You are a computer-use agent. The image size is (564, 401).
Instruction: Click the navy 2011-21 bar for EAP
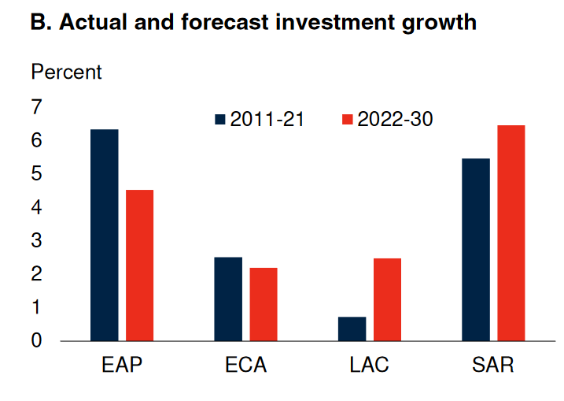105,235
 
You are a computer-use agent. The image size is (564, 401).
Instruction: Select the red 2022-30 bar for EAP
139,265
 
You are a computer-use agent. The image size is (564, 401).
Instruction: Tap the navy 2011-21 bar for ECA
228,299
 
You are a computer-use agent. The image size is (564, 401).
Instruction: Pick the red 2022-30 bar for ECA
264,304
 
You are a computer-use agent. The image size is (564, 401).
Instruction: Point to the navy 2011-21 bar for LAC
352,329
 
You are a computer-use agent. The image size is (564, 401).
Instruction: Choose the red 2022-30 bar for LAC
387,299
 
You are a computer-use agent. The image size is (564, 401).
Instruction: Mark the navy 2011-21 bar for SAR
475,250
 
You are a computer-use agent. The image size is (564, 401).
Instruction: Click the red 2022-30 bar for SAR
511,233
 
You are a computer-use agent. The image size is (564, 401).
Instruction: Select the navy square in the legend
220,120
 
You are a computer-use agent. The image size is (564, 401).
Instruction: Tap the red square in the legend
347,120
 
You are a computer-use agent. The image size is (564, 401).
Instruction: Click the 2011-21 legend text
267,120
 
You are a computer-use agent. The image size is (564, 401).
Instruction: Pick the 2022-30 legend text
394,120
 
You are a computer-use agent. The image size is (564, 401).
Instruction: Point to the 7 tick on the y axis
37,107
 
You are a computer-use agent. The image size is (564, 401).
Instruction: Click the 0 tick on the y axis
37,341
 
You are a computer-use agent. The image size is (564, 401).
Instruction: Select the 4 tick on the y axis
37,207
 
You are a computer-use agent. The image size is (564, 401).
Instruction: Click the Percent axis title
66,72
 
